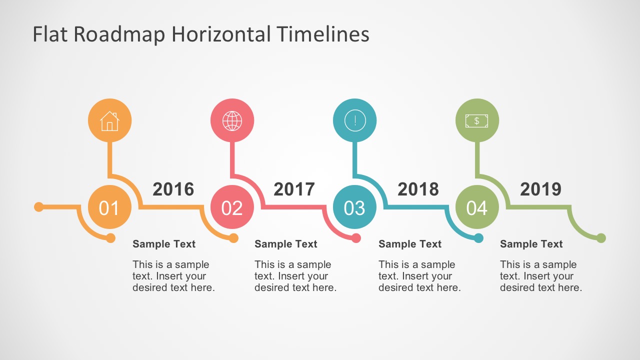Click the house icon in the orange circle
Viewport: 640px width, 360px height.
point(109,121)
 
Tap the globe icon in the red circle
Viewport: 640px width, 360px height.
point(232,121)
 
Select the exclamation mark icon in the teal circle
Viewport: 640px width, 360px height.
point(355,121)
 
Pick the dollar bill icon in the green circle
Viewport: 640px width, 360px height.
point(476,121)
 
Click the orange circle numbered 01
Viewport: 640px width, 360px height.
point(109,207)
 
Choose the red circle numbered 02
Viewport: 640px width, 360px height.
point(232,207)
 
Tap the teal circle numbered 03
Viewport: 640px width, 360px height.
point(355,207)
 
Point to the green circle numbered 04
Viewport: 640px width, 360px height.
point(477,207)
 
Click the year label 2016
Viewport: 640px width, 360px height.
point(173,189)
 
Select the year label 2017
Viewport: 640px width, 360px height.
point(294,189)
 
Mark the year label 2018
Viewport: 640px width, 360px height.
point(418,189)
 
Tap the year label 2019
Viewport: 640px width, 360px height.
point(540,189)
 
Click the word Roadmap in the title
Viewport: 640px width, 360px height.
point(119,34)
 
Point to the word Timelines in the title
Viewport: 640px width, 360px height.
point(323,34)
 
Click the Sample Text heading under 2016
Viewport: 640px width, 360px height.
point(164,244)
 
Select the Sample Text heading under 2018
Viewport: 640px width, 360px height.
point(410,244)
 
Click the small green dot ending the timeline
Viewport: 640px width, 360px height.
point(601,238)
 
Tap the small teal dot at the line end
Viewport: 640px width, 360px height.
point(478,238)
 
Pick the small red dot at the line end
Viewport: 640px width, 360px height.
point(356,238)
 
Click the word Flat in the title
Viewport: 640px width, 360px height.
point(50,34)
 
